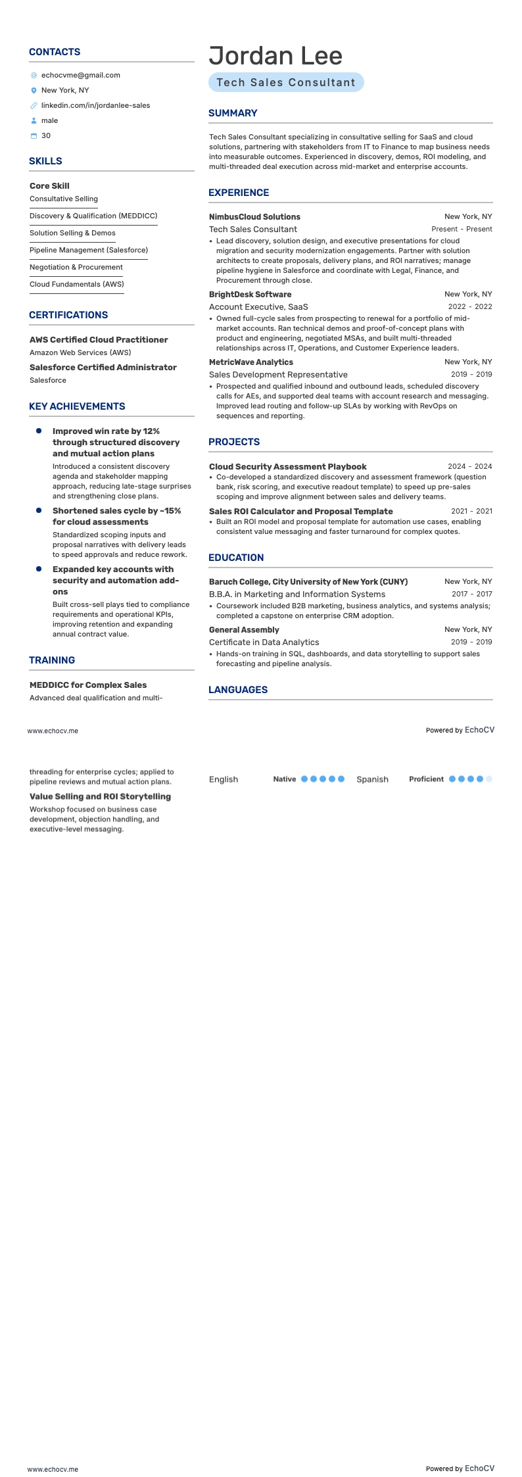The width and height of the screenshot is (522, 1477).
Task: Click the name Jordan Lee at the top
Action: pos(275,56)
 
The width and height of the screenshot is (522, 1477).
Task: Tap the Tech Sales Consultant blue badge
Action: pos(286,82)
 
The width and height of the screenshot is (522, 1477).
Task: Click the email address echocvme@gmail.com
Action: pos(80,75)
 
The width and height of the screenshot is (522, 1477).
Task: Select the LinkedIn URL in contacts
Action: pos(95,105)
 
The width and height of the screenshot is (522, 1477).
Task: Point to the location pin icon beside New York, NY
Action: pos(34,91)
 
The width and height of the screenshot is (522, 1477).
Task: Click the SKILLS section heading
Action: pos(45,161)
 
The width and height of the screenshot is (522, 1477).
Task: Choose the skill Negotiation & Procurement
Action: pos(76,267)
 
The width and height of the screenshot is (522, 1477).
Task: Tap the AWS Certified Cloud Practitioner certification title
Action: pos(99,340)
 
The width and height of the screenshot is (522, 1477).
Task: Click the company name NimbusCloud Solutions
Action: pos(254,217)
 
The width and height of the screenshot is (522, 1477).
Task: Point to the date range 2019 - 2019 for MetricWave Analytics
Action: pos(471,374)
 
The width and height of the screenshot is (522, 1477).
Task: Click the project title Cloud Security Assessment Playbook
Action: pos(288,467)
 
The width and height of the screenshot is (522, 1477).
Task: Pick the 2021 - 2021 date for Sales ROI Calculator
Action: pos(471,511)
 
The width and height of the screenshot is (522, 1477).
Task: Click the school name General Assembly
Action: pos(244,630)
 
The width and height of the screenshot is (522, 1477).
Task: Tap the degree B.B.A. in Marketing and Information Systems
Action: pos(297,594)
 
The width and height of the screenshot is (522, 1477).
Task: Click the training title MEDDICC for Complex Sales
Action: pos(88,685)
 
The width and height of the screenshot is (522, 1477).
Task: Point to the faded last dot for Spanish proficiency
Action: pos(489,779)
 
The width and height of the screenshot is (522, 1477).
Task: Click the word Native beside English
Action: pos(285,779)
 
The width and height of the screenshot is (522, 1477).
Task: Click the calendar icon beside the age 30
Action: pos(34,136)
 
